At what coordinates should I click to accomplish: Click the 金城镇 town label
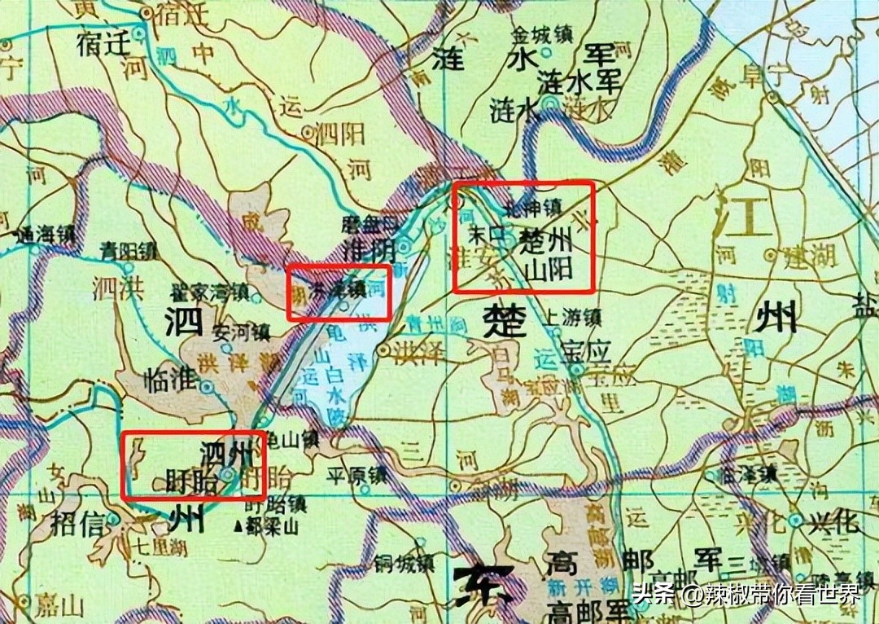(541, 37)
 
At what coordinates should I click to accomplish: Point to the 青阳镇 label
(128, 250)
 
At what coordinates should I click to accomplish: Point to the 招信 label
(77, 521)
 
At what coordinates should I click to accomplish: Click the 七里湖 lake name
(151, 547)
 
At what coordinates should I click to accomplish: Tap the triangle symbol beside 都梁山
(238, 526)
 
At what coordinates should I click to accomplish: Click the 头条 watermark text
(654, 592)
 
